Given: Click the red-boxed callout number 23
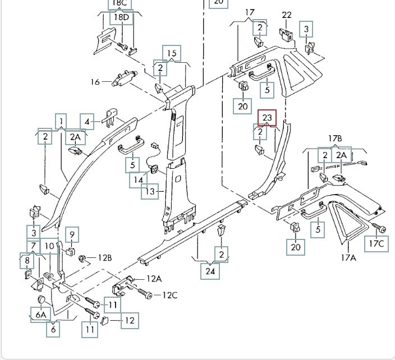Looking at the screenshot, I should (267, 118).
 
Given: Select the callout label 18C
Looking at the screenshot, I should (120, 3).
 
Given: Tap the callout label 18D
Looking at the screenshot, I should (122, 17).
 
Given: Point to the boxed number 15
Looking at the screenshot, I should (172, 54).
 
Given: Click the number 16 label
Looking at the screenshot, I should (95, 82).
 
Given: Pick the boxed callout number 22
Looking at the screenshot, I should (287, 15).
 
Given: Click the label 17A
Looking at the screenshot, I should (349, 257).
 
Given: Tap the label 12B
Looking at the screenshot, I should (104, 258).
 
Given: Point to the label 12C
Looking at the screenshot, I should (169, 295).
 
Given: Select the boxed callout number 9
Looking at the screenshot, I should (72, 234).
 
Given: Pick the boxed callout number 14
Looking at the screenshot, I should (137, 180).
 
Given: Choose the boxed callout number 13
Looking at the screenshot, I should (149, 192).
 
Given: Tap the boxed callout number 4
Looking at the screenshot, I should (87, 121).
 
